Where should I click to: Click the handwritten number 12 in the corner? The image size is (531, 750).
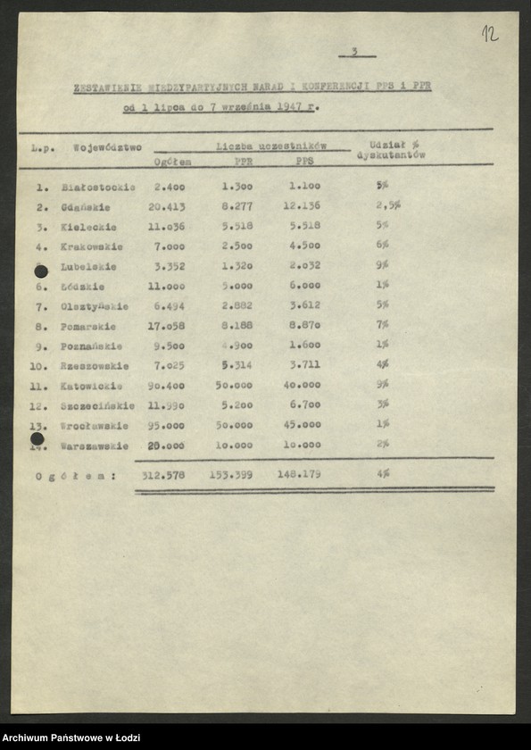(489, 34)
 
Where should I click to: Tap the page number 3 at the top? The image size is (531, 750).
(354, 52)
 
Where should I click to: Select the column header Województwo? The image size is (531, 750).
(107, 147)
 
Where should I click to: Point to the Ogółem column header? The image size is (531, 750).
(171, 162)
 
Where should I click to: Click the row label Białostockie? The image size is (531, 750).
(98, 187)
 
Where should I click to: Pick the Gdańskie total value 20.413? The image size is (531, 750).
(167, 206)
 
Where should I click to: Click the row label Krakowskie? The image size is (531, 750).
(92, 246)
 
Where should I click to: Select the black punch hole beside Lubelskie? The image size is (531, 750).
(40, 271)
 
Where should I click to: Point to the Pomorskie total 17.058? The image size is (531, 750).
(167, 326)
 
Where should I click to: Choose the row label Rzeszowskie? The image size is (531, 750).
(95, 366)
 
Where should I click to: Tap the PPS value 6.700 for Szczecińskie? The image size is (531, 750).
(304, 405)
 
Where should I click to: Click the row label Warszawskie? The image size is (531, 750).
(95, 446)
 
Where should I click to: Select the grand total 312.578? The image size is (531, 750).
(163, 475)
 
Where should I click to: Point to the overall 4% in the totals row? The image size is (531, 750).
(383, 475)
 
